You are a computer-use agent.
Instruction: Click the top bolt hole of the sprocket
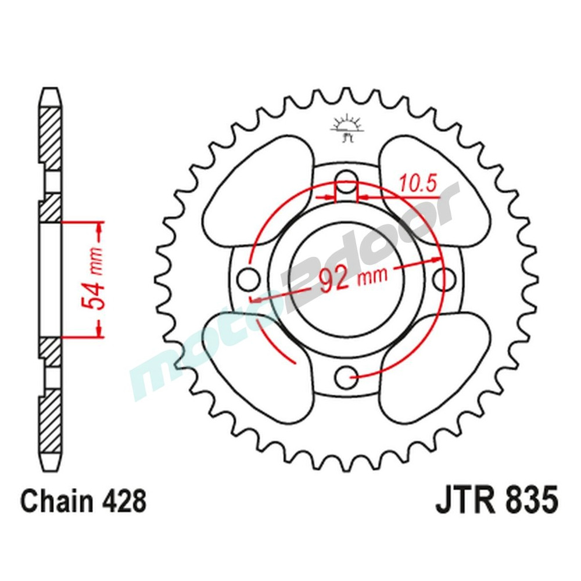click(x=347, y=178)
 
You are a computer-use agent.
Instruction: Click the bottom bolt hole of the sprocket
click(x=347, y=377)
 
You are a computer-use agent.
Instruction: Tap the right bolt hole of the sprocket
click(x=446, y=278)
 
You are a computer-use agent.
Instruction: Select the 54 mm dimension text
click(x=93, y=279)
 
